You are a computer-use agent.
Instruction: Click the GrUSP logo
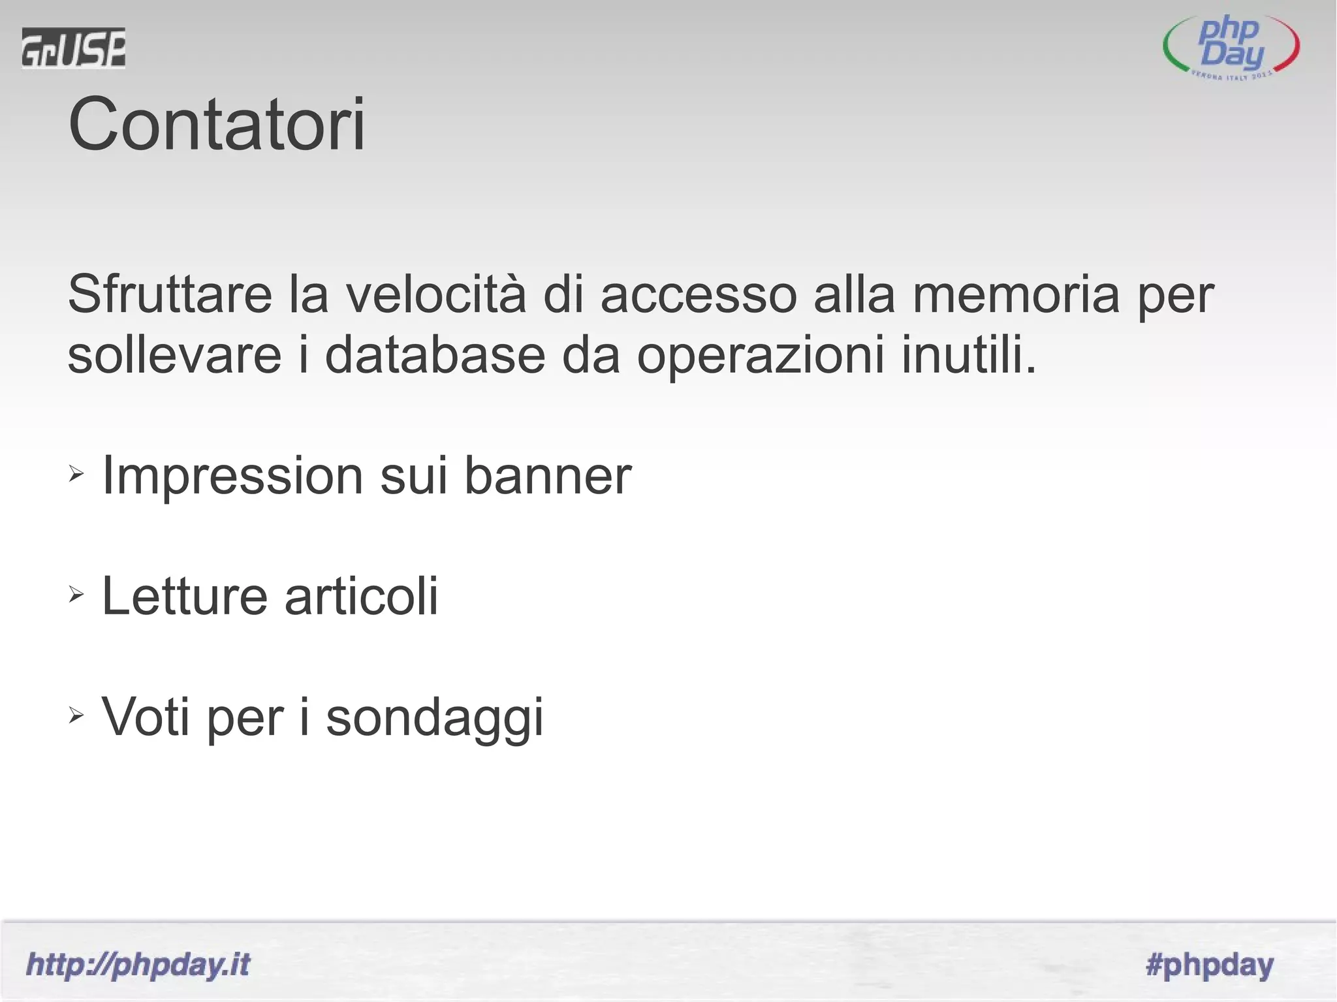click(x=73, y=48)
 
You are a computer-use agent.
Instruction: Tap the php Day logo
click(x=1231, y=50)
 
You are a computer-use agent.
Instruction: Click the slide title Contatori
click(x=217, y=124)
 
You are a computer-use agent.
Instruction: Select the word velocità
click(x=435, y=294)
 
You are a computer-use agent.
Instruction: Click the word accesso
click(x=698, y=294)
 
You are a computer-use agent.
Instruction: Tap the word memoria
click(x=1016, y=294)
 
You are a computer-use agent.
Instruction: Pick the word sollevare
click(x=174, y=355)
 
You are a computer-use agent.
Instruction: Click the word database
click(x=435, y=355)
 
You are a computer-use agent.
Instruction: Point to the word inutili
click(x=968, y=355)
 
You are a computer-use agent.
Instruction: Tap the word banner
click(x=548, y=475)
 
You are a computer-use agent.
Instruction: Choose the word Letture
click(x=185, y=596)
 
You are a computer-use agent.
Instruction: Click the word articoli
click(x=361, y=596)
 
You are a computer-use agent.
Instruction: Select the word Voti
click(x=146, y=717)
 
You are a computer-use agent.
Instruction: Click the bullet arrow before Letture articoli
click(x=76, y=594)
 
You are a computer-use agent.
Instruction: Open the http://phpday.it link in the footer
click(x=138, y=965)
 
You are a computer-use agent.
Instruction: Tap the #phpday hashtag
click(x=1209, y=965)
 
